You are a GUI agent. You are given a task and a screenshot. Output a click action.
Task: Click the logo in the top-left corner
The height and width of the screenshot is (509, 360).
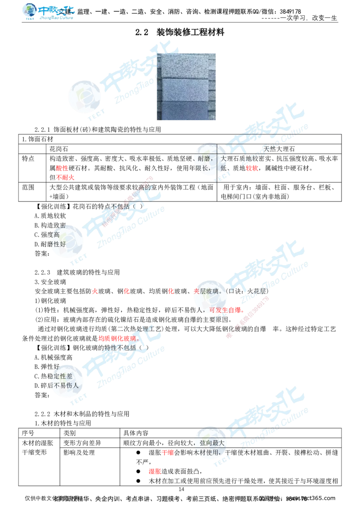click(48, 12)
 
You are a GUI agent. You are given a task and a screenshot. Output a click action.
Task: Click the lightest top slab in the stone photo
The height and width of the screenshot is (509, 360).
click(185, 66)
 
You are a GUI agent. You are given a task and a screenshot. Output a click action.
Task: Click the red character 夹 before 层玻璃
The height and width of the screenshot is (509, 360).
click(196, 291)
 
